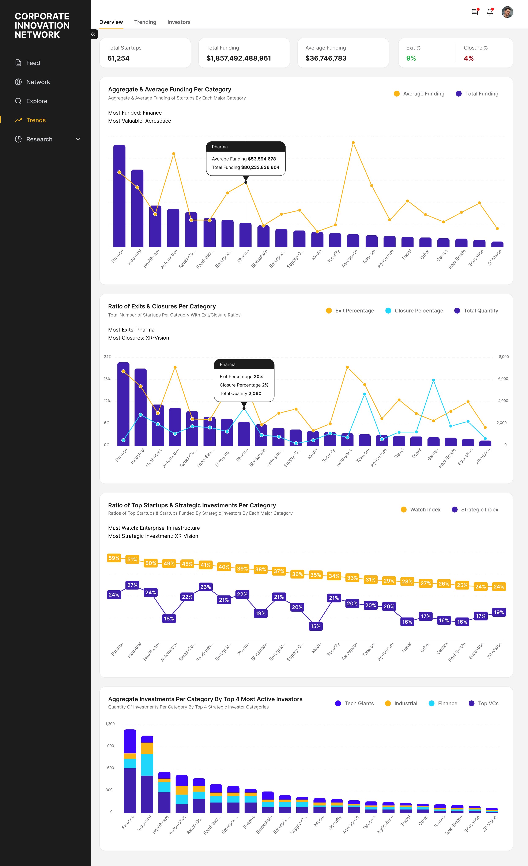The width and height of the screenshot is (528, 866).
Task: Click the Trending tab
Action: click(x=145, y=22)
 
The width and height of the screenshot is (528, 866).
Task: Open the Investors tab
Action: click(x=179, y=22)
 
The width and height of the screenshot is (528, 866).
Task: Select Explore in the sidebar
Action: click(x=37, y=101)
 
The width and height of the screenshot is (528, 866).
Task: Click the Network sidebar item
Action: click(x=38, y=82)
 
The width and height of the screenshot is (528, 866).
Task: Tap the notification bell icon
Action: click(x=490, y=12)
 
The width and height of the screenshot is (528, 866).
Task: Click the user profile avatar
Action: click(x=507, y=12)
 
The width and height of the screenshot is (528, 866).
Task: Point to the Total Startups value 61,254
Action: click(x=118, y=58)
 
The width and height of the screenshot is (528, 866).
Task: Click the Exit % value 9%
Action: click(x=411, y=58)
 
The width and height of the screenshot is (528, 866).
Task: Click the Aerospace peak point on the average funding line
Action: click(x=353, y=143)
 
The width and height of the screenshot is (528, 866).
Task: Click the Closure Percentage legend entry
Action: click(x=414, y=311)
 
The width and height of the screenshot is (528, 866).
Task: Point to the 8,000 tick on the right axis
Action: click(x=504, y=357)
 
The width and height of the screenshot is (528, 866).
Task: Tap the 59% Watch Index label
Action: click(x=114, y=558)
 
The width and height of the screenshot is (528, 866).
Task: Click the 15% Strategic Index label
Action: click(x=315, y=626)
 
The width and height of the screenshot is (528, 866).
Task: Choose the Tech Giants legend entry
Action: click(x=355, y=703)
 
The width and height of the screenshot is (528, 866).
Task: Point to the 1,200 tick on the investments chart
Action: click(x=110, y=724)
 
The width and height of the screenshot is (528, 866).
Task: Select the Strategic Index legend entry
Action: click(x=475, y=510)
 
